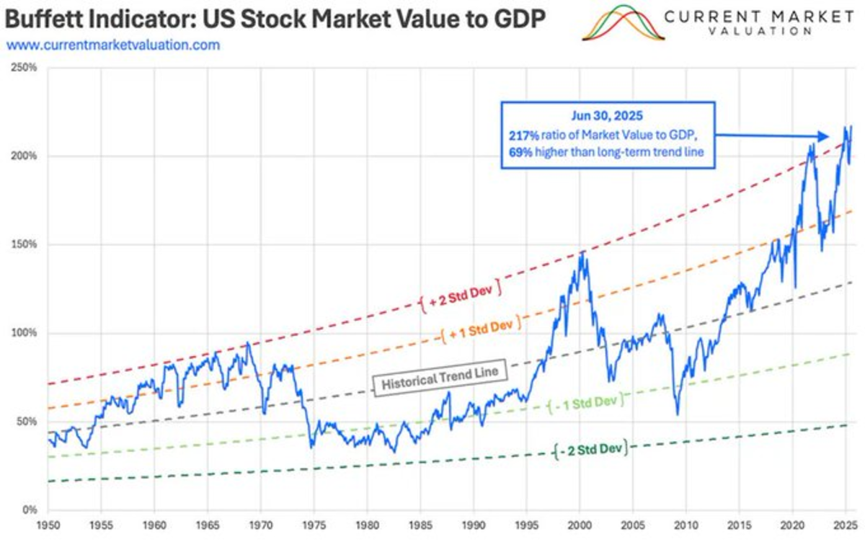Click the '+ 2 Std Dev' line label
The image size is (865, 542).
(458, 301)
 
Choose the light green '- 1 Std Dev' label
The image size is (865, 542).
(585, 404)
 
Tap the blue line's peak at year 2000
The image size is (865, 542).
(580, 252)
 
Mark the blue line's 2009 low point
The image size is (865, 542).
(678, 414)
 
